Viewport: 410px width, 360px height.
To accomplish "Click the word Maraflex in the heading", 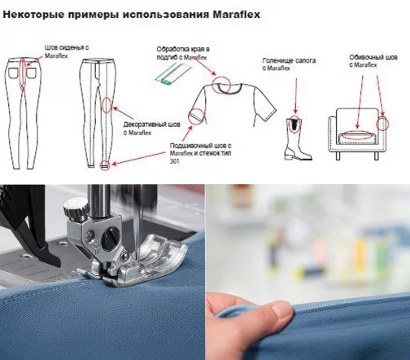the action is click(237, 15).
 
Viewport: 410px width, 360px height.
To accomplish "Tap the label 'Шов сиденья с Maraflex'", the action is click(67, 51).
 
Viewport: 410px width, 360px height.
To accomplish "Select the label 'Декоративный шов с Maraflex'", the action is click(152, 129).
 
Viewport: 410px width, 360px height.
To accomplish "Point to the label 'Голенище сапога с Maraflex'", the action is click(289, 64).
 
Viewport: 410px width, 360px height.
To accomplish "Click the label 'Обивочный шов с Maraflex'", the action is click(373, 61).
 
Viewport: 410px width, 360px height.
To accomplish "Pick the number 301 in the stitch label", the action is click(175, 161).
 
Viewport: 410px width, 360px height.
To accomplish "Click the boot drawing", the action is click(297, 138).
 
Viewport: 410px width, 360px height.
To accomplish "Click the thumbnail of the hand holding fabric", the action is click(307, 272).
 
